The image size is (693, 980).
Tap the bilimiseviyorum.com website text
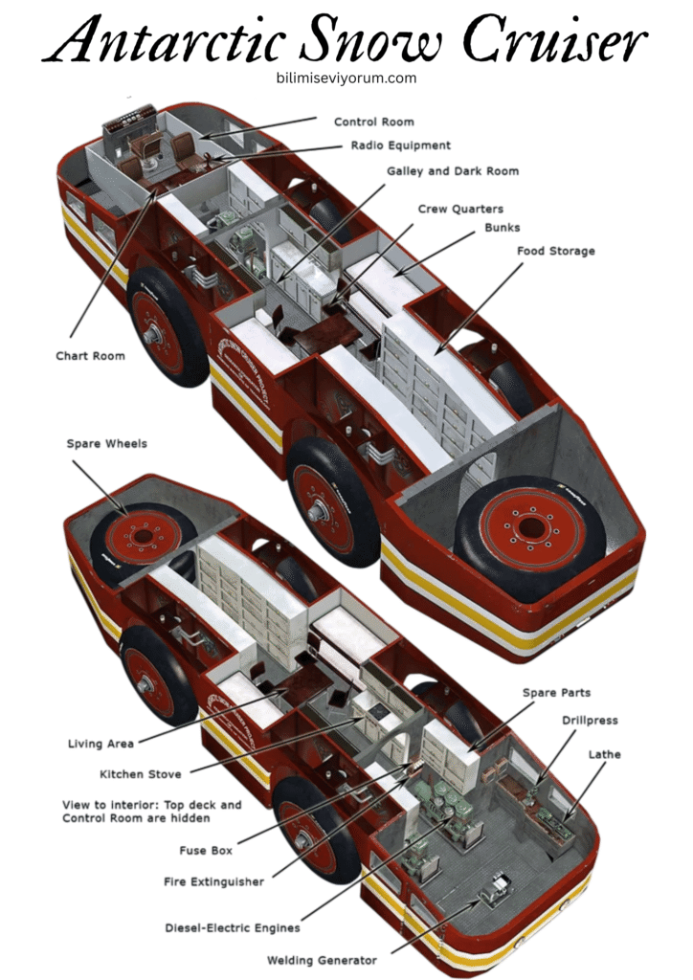pyautogui.click(x=346, y=78)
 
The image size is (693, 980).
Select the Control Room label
pyautogui.click(x=373, y=122)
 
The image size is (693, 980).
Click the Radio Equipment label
pyautogui.click(x=400, y=145)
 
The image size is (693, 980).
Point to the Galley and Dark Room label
pyautogui.click(x=453, y=171)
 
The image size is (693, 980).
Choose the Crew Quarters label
pyautogui.click(x=460, y=209)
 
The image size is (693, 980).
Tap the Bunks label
pyautogui.click(x=503, y=229)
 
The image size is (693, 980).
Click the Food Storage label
pyautogui.click(x=556, y=251)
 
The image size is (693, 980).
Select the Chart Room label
pyautogui.click(x=90, y=356)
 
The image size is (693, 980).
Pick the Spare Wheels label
pyautogui.click(x=107, y=444)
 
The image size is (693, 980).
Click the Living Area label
pyautogui.click(x=101, y=744)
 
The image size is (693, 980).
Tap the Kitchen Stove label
pyautogui.click(x=141, y=773)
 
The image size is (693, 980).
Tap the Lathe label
pyautogui.click(x=604, y=754)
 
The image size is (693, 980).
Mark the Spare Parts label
pyautogui.click(x=556, y=692)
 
